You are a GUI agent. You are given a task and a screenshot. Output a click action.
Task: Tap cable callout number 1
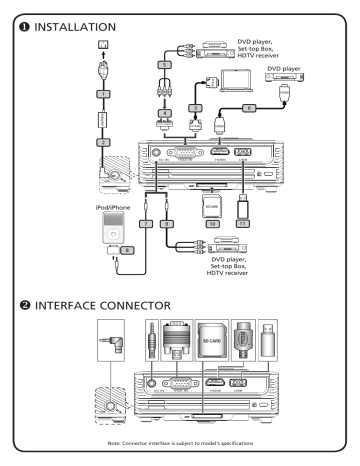coord(45,93)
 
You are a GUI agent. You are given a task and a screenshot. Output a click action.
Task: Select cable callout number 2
coord(45,142)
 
